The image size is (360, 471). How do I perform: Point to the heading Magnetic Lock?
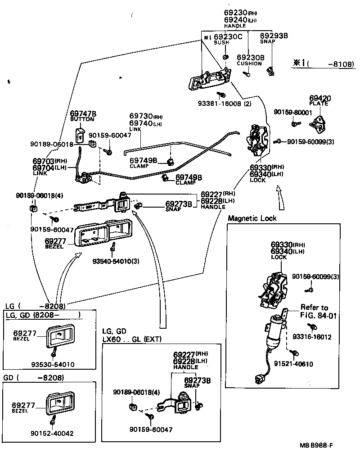[x=252, y=218]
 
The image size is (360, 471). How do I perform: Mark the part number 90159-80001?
[x=293, y=112]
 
